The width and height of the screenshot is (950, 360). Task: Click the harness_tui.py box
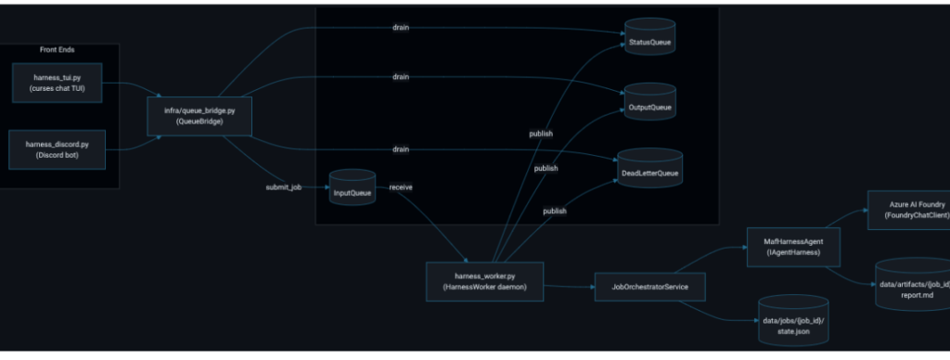(x=57, y=83)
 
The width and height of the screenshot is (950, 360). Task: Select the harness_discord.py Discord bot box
(x=57, y=149)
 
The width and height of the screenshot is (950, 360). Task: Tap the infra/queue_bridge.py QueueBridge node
(x=199, y=116)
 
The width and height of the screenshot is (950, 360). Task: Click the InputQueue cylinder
(x=352, y=187)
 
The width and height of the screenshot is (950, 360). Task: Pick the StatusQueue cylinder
(x=650, y=37)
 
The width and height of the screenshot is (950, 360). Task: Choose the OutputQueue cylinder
(x=650, y=102)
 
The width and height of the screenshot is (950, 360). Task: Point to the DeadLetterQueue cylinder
(x=650, y=167)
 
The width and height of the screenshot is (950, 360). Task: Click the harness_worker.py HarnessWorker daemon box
(x=484, y=281)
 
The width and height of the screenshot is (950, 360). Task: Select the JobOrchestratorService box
(x=650, y=287)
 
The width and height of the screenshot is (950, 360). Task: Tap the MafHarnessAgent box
(x=794, y=247)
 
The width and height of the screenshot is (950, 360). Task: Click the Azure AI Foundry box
(x=909, y=211)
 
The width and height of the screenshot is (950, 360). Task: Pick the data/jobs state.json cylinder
(x=794, y=320)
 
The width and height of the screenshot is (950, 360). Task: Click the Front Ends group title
(x=58, y=50)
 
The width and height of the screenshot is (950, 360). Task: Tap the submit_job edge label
(x=284, y=187)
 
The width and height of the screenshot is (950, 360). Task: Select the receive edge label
(x=401, y=187)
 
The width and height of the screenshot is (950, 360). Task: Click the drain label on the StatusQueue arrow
(x=401, y=27)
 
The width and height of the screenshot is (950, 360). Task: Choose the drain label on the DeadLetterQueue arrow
(x=401, y=149)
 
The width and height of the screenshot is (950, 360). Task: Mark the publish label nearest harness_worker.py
(x=555, y=211)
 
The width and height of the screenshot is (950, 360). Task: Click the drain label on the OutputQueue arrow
(x=401, y=77)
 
